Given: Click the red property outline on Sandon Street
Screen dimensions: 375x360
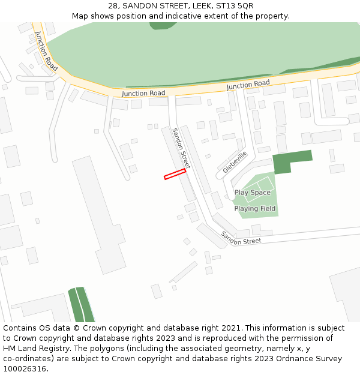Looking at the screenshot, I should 175,174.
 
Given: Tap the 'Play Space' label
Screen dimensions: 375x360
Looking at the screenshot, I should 252,193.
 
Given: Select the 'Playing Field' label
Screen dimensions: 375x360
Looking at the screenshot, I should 255,209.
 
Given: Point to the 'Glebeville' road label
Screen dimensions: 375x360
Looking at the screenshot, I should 235,162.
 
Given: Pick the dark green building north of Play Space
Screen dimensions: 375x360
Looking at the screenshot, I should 291,161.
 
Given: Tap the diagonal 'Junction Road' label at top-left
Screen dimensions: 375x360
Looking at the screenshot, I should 46,52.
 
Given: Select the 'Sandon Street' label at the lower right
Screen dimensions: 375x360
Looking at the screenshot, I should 241,238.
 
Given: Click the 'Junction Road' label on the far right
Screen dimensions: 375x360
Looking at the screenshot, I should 248,85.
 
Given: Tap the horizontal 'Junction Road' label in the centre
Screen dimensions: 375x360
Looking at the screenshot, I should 143,94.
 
